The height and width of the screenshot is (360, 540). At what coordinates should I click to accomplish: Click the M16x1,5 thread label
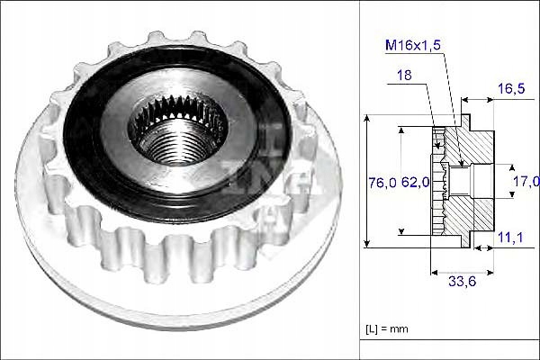click(x=413, y=45)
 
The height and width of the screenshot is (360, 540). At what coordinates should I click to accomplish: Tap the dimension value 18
click(x=404, y=75)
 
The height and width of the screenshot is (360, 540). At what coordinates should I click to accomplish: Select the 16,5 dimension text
click(x=511, y=88)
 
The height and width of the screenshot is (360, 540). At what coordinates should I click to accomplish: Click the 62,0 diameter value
click(x=415, y=182)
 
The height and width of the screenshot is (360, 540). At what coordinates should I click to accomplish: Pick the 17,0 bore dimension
click(x=526, y=181)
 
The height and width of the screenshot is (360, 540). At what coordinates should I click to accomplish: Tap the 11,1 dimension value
click(x=510, y=237)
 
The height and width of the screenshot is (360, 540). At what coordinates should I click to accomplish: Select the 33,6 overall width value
click(x=463, y=282)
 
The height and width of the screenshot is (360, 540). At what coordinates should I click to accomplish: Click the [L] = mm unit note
click(x=387, y=329)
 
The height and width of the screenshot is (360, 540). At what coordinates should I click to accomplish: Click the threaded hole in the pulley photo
click(x=178, y=141)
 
